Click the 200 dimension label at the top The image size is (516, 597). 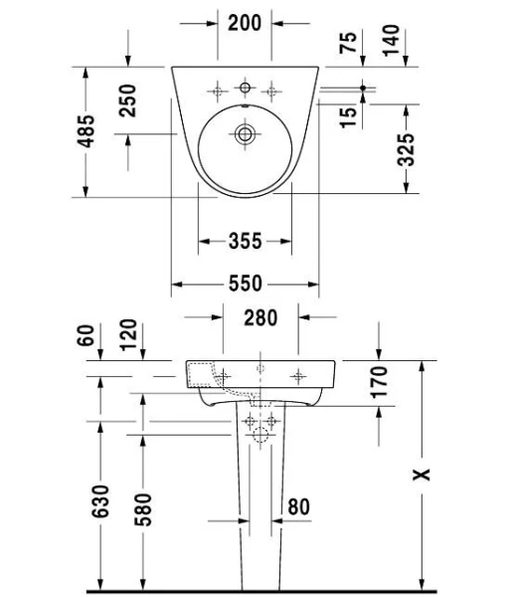(245, 22)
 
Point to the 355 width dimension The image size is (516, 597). (245, 241)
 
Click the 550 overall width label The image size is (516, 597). (245, 285)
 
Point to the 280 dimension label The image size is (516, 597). (260, 318)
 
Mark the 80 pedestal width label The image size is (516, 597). (297, 506)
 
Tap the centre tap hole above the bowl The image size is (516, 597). (244, 86)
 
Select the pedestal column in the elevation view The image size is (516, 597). (260, 497)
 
